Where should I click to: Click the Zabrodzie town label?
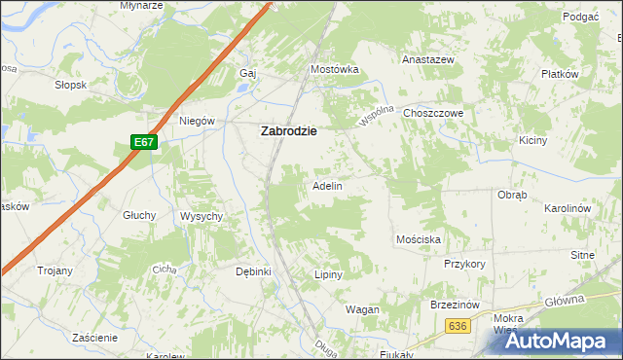pyautogui.click(x=289, y=132)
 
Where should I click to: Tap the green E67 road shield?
pyautogui.click(x=144, y=142)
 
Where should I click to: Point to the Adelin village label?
pyautogui.click(x=326, y=185)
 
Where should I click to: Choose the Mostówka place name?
pyautogui.click(x=335, y=69)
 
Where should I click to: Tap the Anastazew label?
pyautogui.click(x=429, y=58)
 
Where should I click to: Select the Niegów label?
pyautogui.click(x=197, y=122)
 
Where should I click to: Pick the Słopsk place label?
pyautogui.click(x=71, y=85)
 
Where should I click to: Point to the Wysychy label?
pyautogui.click(x=202, y=215)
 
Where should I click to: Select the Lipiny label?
pyautogui.click(x=329, y=274)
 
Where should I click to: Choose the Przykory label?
pyautogui.click(x=464, y=264)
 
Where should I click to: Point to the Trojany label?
pyautogui.click(x=55, y=270)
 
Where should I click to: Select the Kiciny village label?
pyautogui.click(x=561, y=140)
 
